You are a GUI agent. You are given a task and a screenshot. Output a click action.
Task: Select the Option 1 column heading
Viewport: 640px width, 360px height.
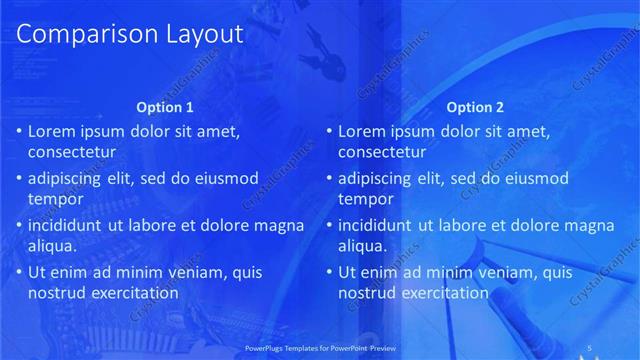pos(165,107)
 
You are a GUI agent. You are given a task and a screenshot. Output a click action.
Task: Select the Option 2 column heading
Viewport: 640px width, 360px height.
pos(476,107)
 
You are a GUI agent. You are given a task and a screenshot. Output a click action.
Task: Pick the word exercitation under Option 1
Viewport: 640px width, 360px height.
pos(134,294)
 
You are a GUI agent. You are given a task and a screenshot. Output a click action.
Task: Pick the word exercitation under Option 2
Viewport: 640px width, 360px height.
pos(445,294)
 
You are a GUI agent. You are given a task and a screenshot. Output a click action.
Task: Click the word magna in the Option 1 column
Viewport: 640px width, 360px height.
pos(278,225)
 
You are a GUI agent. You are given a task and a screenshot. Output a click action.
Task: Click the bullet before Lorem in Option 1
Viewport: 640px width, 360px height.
pos(18,131)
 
